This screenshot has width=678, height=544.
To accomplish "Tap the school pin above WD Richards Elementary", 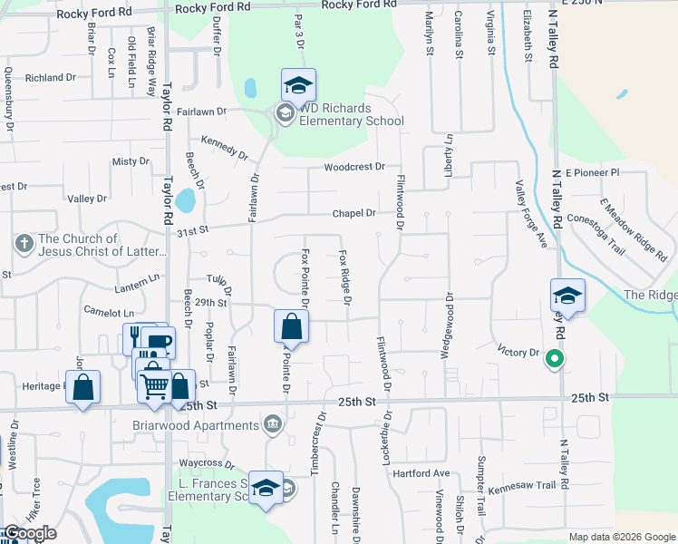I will click(x=298, y=86).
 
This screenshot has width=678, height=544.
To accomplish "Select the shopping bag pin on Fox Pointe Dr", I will click(x=292, y=326).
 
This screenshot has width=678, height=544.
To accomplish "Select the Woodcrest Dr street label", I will click(x=354, y=168).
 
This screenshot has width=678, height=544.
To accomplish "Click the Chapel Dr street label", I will click(x=354, y=213).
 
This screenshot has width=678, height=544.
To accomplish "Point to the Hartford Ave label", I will click(x=428, y=473).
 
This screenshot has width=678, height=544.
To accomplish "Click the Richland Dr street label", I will click(x=49, y=78).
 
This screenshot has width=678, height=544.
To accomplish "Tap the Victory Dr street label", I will click(x=518, y=350).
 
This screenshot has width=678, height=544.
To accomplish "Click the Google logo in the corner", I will click(x=30, y=533).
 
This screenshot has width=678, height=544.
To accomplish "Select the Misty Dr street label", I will click(x=131, y=161).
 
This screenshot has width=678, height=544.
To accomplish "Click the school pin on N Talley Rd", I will click(x=567, y=296).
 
